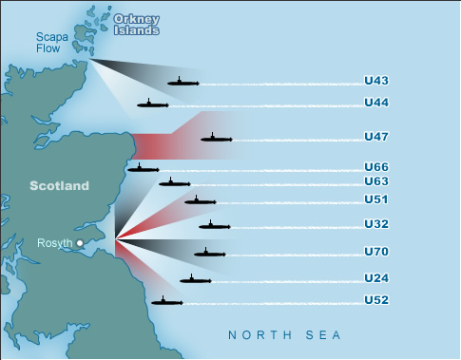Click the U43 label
click(376, 83)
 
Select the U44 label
click(376, 103)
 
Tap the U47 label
click(376, 138)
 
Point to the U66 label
click(376, 167)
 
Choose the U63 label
click(376, 180)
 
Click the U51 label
click(376, 199)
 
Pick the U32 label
click(376, 224)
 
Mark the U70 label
click(376, 252)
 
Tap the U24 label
click(376, 278)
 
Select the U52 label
click(376, 300)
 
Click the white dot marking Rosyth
click(80, 244)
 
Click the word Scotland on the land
click(58, 185)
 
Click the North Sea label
click(283, 335)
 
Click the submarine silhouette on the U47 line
click(216, 139)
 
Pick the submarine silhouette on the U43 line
click(182, 83)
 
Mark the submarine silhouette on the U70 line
click(209, 253)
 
